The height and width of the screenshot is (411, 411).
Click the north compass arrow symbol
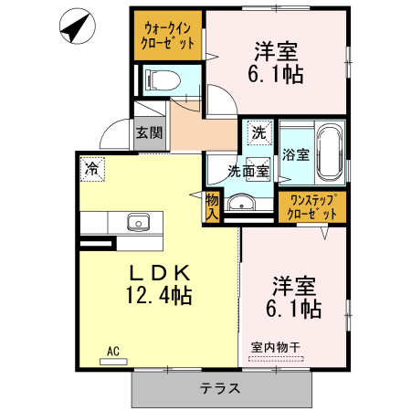tap(75, 27)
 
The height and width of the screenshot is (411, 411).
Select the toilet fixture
tap(163, 80)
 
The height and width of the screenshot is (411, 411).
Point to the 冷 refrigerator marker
tap(90, 167)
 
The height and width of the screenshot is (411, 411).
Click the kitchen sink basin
tap(139, 222)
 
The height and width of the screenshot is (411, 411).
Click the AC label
tap(113, 350)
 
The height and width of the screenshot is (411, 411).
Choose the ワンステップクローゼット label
tap(312, 205)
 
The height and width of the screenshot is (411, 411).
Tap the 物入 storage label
tap(213, 205)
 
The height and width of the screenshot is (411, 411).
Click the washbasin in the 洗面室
tap(240, 202)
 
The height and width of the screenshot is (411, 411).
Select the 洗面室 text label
tap(248, 170)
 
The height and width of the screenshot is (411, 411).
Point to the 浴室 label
tap(296, 153)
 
